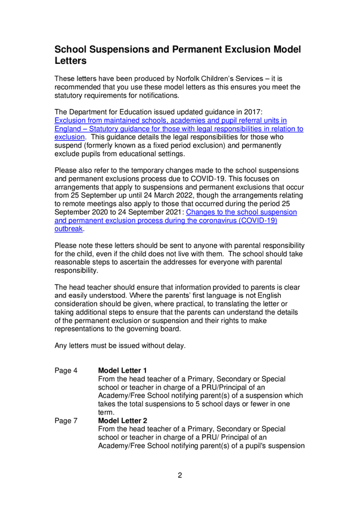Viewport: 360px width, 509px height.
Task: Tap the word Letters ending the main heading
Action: pyautogui.click(x=70, y=61)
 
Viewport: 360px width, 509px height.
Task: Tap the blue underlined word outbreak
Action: pyautogui.click(x=68, y=229)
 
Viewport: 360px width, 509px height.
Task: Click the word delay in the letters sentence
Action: pyautogui.click(x=173, y=346)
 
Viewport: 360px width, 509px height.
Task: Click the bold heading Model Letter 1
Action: pyautogui.click(x=122, y=370)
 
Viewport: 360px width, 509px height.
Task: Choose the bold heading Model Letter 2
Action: pyautogui.click(x=122, y=421)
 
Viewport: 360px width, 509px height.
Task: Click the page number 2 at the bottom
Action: pyautogui.click(x=179, y=475)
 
